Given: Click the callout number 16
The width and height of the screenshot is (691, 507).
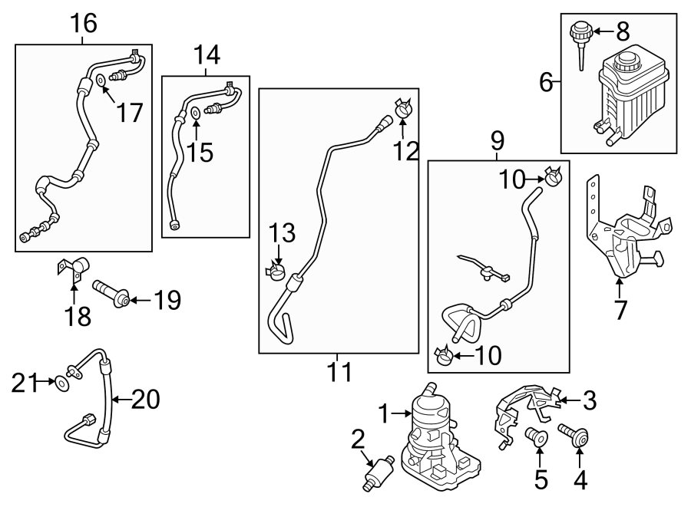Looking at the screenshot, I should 84,24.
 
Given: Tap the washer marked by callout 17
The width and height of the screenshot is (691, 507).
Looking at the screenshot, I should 101,81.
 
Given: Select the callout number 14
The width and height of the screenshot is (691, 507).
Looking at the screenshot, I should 207,55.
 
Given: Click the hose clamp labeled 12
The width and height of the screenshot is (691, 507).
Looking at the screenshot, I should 403,110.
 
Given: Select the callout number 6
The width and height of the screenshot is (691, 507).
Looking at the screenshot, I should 546,82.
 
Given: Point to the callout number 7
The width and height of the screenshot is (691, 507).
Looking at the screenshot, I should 620,310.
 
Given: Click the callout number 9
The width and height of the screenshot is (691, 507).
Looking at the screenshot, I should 498,140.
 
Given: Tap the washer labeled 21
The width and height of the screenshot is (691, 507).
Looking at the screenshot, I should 60,380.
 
